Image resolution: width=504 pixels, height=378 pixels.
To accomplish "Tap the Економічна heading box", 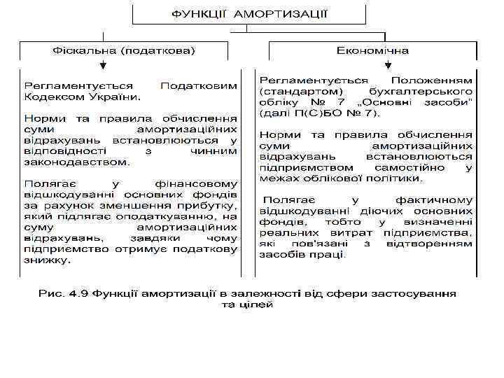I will [372, 51].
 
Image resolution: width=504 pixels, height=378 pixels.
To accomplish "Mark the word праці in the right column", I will [331, 255].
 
